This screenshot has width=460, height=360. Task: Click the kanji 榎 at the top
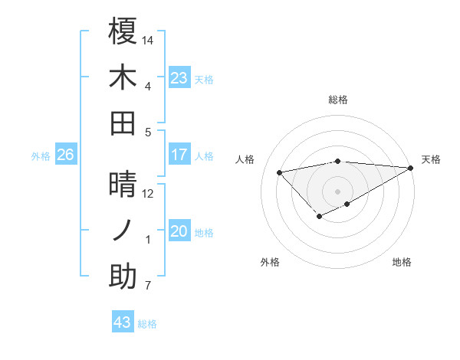pyautogui.click(x=123, y=32)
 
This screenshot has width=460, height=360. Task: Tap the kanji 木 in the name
pyautogui.click(x=123, y=77)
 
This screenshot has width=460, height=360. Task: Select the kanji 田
pyautogui.click(x=123, y=123)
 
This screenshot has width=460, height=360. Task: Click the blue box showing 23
pyautogui.click(x=179, y=78)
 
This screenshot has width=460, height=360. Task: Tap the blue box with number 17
pyautogui.click(x=179, y=155)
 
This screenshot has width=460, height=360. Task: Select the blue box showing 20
pyautogui.click(x=179, y=232)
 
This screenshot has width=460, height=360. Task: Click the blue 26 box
pyautogui.click(x=65, y=155)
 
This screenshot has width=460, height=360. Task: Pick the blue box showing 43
pyautogui.click(x=122, y=322)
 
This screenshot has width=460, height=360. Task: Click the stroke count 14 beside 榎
pyautogui.click(x=148, y=39)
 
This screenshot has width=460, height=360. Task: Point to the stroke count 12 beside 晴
pyautogui.click(x=148, y=193)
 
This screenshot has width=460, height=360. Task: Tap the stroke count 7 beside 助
pyautogui.click(x=148, y=286)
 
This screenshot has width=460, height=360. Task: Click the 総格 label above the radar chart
pyautogui.click(x=337, y=100)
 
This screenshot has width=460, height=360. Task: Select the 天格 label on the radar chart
pyautogui.click(x=431, y=159)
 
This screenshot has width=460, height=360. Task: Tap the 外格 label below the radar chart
pyautogui.click(x=270, y=262)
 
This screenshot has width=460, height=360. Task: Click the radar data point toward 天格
pyautogui.click(x=411, y=168)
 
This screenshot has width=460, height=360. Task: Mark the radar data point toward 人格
pyautogui.click(x=279, y=172)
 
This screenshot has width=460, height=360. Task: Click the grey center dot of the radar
pyautogui.click(x=337, y=191)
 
